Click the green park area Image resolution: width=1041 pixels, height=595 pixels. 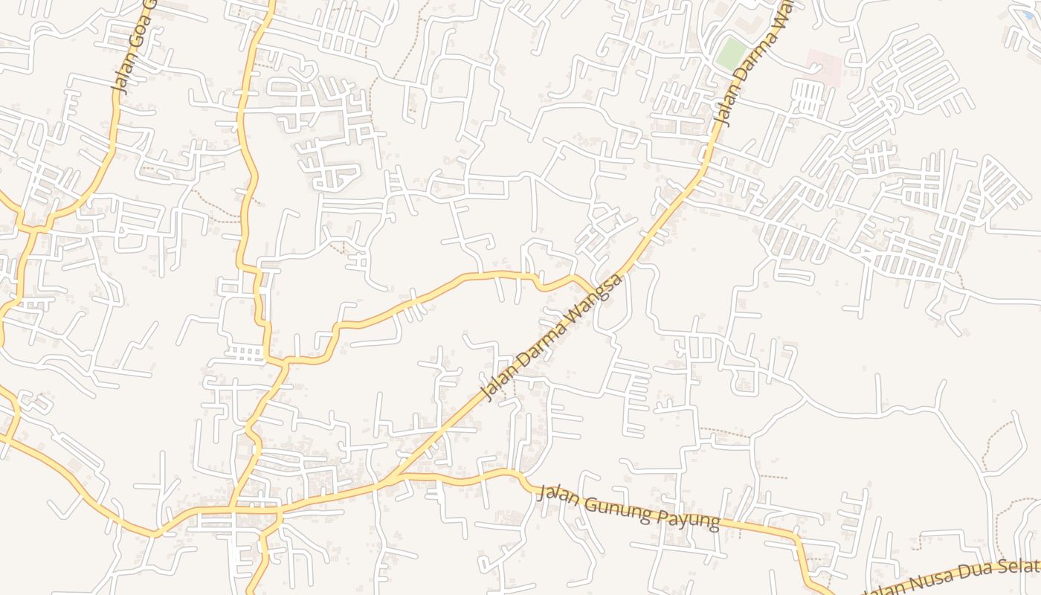pyautogui.click(x=732, y=54)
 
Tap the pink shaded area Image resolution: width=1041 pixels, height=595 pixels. pyautogui.click(x=824, y=67)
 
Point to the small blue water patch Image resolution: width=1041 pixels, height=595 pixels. pyautogui.click(x=1028, y=14)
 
